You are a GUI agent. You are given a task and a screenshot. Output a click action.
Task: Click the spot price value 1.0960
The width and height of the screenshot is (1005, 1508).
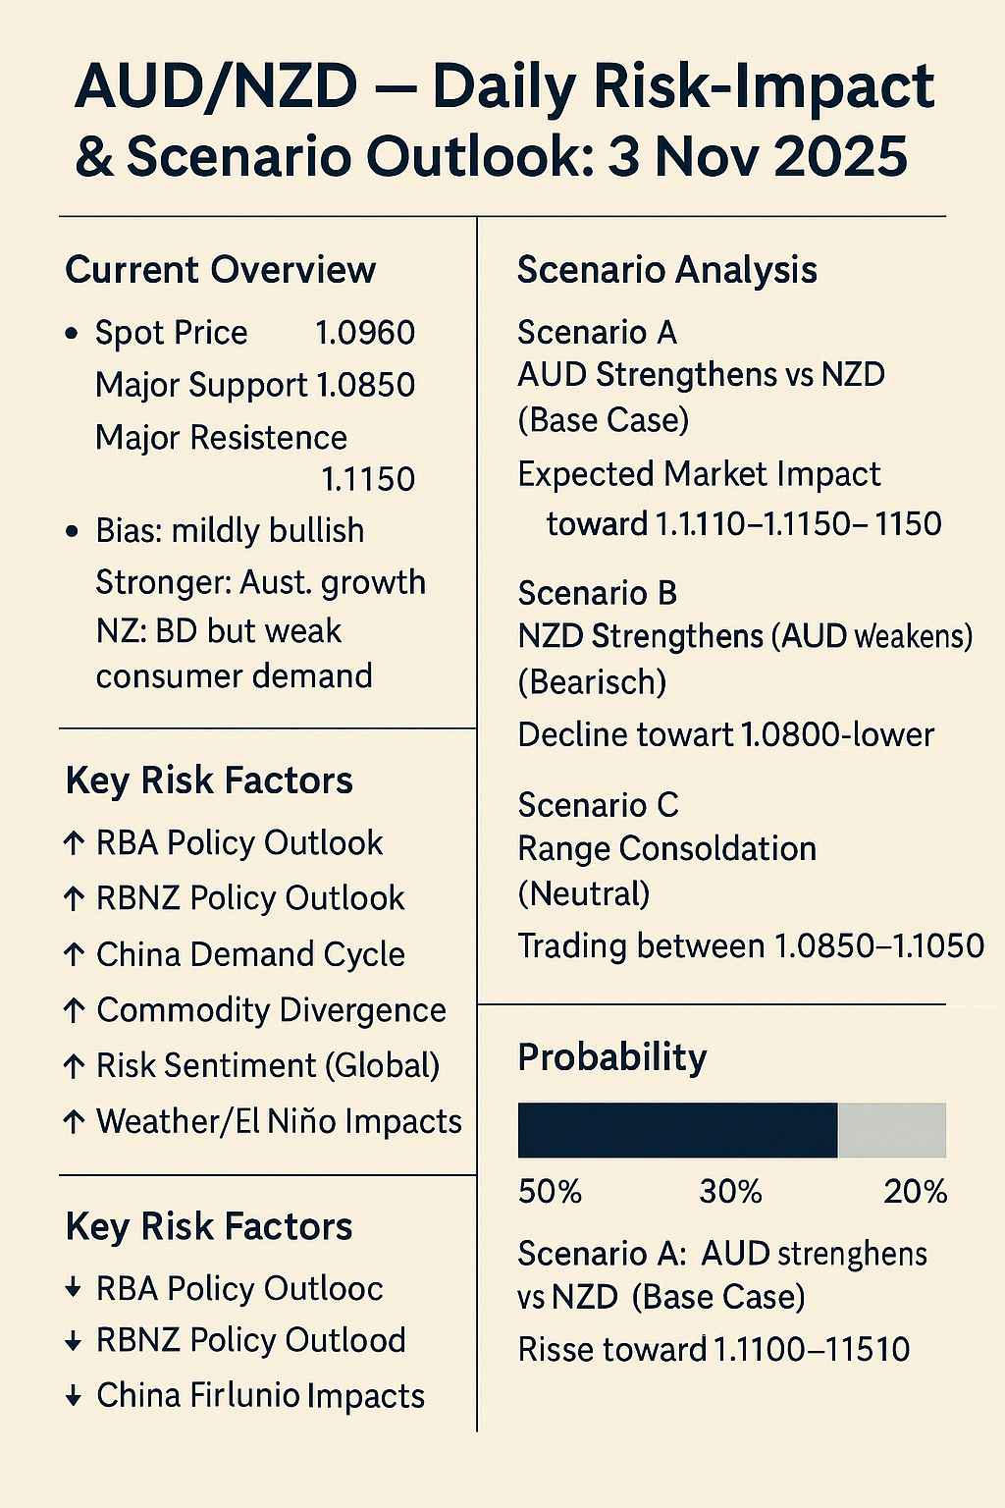pos(364,333)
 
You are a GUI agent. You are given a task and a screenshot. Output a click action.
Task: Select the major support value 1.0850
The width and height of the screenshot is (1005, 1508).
pos(364,385)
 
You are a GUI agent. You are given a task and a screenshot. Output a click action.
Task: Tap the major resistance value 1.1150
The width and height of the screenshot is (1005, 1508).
pos(368,479)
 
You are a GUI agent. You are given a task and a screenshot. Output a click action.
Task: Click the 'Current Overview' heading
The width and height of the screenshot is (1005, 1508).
pos(220,270)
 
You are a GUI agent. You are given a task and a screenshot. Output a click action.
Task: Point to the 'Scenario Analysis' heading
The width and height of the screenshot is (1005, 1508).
pos(666,270)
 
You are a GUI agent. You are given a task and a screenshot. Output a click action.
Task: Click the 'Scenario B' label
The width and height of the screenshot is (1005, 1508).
pos(597,593)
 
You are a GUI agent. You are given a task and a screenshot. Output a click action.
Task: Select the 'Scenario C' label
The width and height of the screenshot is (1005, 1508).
pos(598,805)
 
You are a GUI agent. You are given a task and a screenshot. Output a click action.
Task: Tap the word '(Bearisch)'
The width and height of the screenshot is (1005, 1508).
pos(592,681)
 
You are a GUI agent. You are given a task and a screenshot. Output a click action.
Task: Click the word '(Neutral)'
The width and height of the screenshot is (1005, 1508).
pos(583,893)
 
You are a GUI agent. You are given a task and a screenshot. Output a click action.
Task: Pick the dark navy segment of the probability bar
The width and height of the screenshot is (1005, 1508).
pos(677,1130)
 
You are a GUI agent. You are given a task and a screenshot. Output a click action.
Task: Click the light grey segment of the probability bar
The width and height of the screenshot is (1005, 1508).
pos(891,1130)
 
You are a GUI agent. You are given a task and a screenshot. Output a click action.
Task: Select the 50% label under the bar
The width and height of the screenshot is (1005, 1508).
pos(550,1192)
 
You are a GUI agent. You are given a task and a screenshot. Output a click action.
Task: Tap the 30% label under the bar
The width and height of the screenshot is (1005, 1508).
pos(730,1192)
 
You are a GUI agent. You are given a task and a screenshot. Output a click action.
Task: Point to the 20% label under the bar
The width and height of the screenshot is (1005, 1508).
pos(915,1192)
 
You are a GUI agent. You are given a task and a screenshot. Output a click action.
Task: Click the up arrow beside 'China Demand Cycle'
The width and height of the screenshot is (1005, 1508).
pos(74,954)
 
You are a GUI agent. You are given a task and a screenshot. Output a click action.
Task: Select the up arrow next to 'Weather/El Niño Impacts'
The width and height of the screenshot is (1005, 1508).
pos(74,1121)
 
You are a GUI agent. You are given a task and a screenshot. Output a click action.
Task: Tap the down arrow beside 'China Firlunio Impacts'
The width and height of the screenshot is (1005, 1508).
pos(74,1396)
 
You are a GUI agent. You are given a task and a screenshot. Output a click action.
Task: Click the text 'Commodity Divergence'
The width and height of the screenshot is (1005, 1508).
pos(271,1010)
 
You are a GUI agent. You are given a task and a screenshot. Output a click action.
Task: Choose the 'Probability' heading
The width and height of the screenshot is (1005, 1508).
pos(611,1057)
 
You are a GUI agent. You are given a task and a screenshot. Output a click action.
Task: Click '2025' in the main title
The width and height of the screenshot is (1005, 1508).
pos(840,157)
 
